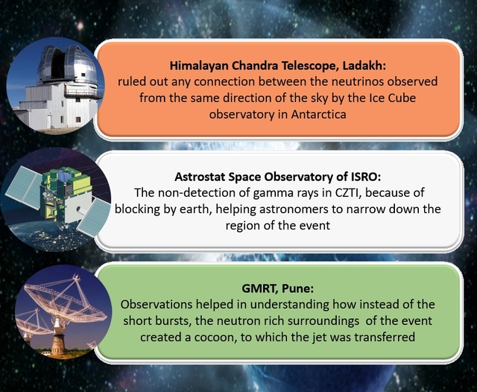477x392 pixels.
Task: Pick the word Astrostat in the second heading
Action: tap(202, 177)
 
